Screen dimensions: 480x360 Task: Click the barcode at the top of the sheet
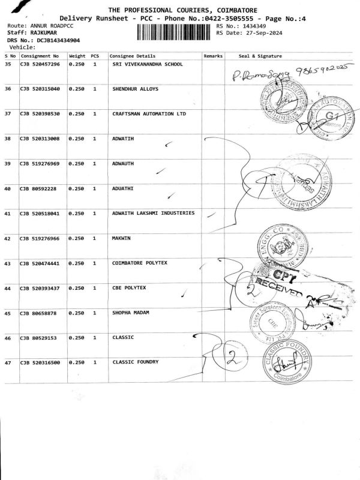(175, 32)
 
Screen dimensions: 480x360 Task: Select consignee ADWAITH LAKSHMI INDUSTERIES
(153, 213)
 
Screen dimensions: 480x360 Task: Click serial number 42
(8, 238)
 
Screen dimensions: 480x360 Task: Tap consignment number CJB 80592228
(38, 188)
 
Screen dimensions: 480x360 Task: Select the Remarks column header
(213, 56)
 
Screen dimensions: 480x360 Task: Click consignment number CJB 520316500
(40, 362)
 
